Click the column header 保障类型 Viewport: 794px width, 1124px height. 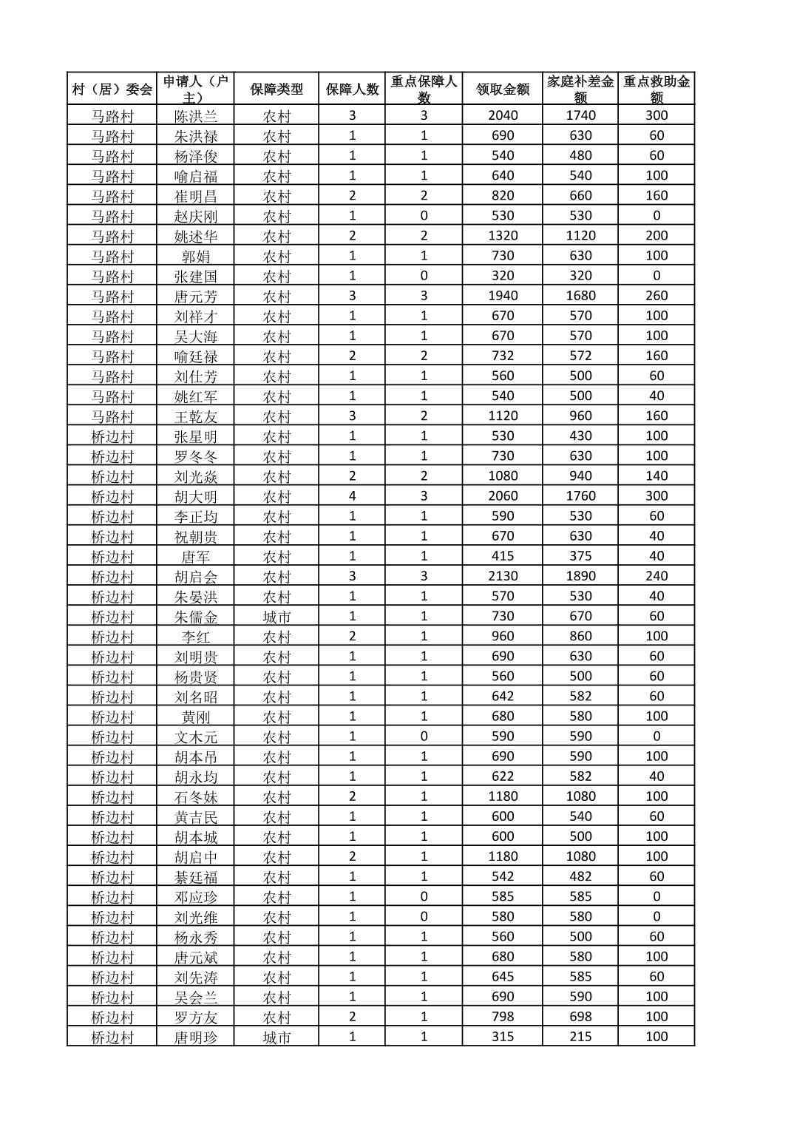coord(276,89)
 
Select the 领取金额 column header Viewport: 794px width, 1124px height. coord(503,89)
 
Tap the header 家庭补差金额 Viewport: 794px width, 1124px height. coord(580,89)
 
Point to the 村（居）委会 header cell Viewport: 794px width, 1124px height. coord(112,89)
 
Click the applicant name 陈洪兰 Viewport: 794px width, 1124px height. coord(196,116)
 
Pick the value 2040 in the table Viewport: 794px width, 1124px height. coord(503,115)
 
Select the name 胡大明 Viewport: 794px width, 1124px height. coord(196,496)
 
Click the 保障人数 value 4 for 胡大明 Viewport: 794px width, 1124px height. coord(352,495)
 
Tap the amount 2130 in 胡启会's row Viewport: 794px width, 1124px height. coord(503,575)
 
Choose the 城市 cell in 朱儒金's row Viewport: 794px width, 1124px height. coord(276,616)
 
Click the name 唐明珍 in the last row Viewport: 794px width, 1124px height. coord(196,1037)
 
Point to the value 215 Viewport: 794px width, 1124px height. coord(580,1036)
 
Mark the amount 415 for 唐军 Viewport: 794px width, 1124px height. coord(503,555)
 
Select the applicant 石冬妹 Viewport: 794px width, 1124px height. coord(196,796)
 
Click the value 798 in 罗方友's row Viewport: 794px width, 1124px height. coord(503,1016)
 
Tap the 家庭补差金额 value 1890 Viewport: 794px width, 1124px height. coord(580,575)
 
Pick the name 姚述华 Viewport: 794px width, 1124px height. coord(196,236)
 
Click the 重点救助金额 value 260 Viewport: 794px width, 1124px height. coord(656,295)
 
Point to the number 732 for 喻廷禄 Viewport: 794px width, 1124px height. coord(503,355)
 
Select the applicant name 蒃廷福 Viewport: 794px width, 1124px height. coord(196,877)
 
